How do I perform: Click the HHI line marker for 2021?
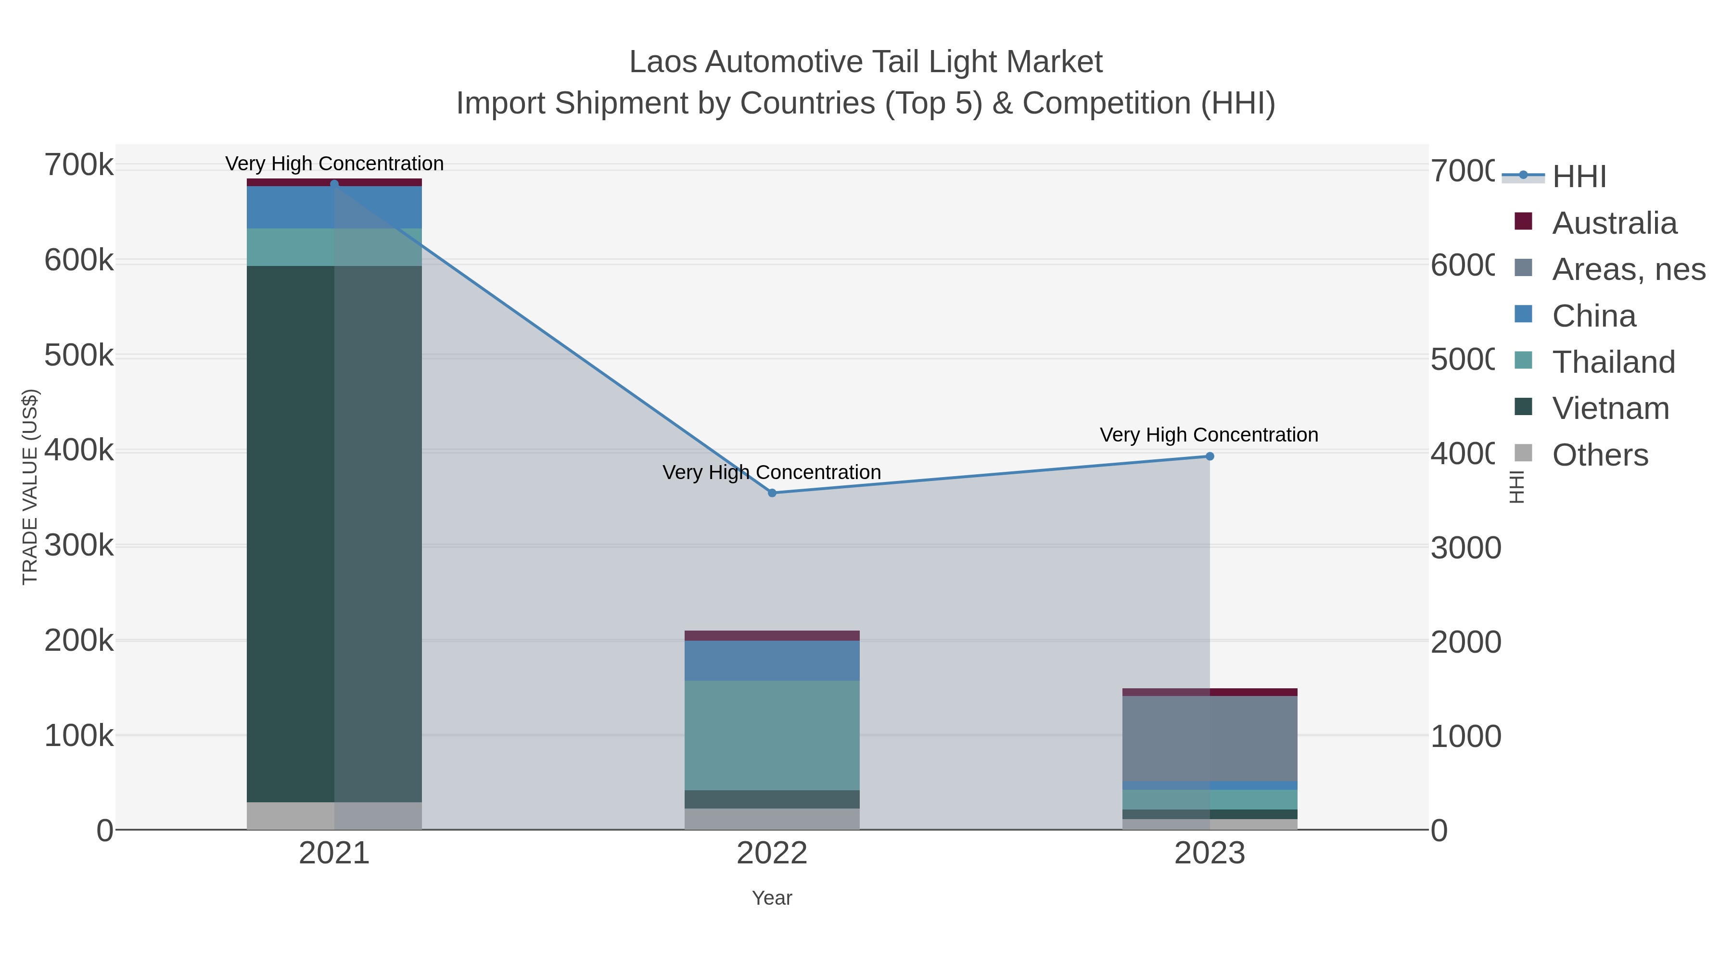(x=334, y=184)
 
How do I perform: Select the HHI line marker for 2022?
(x=772, y=493)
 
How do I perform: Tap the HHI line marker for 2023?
(x=1210, y=456)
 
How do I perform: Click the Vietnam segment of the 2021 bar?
(x=334, y=534)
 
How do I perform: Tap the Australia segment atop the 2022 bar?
(x=772, y=635)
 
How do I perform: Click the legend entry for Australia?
(x=1614, y=223)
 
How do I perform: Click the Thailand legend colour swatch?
(x=1523, y=360)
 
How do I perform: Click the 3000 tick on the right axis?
(x=1465, y=548)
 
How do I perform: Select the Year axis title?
(x=772, y=898)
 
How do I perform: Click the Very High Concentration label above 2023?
(x=1208, y=435)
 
